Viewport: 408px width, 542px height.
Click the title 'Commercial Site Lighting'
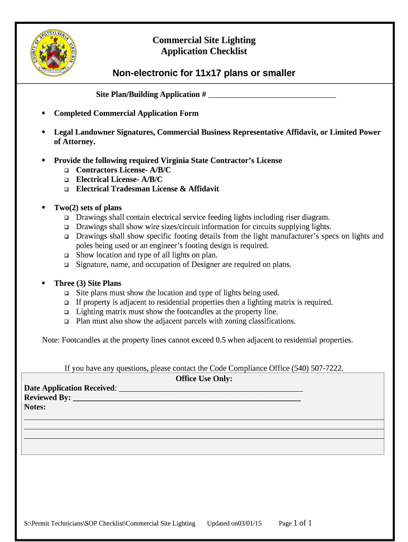pyautogui.click(x=203, y=40)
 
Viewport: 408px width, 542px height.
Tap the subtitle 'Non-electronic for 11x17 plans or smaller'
pyautogui.click(x=203, y=73)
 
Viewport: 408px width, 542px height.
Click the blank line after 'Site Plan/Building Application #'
pyautogui.click(x=272, y=96)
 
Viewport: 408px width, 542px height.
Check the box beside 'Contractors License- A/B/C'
pyautogui.click(x=67, y=170)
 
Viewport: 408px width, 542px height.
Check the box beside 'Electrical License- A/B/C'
pyautogui.click(x=67, y=180)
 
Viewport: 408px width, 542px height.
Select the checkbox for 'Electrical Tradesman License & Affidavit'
pyautogui.click(x=67, y=189)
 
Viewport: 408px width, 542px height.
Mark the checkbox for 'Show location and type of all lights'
pyautogui.click(x=67, y=256)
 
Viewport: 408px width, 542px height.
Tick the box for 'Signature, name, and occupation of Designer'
pyautogui.click(x=67, y=265)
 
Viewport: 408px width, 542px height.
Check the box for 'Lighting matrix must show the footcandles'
pyautogui.click(x=67, y=312)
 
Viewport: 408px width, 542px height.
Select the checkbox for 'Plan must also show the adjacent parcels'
pyautogui.click(x=67, y=322)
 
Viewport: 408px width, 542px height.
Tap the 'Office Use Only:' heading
pyautogui.click(x=203, y=378)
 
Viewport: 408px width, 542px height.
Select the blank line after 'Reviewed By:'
pyautogui.click(x=187, y=399)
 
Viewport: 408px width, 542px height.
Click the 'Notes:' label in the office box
pyautogui.click(x=35, y=407)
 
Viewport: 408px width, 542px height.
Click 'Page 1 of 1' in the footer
pyautogui.click(x=295, y=523)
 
